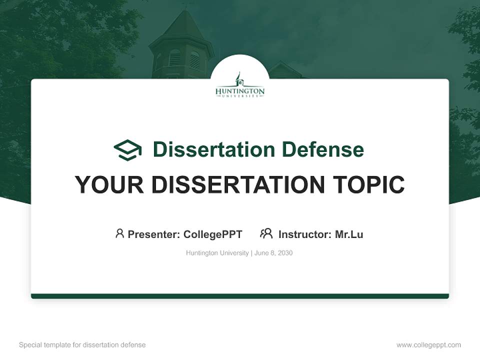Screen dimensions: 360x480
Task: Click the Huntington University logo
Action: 240,86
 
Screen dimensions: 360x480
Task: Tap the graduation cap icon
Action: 127,150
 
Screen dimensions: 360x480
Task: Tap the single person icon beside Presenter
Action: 119,233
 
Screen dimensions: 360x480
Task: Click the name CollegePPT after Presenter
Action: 213,234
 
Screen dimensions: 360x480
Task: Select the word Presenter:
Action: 153,234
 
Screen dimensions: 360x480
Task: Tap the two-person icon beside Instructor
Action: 266,233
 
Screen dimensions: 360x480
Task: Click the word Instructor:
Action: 305,234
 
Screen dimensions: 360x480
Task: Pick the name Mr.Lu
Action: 349,234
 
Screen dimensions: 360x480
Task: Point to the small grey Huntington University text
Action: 217,253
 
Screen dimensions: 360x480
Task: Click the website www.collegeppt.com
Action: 428,345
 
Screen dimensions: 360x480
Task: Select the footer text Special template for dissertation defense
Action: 82,345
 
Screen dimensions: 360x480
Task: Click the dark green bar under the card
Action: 240,296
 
